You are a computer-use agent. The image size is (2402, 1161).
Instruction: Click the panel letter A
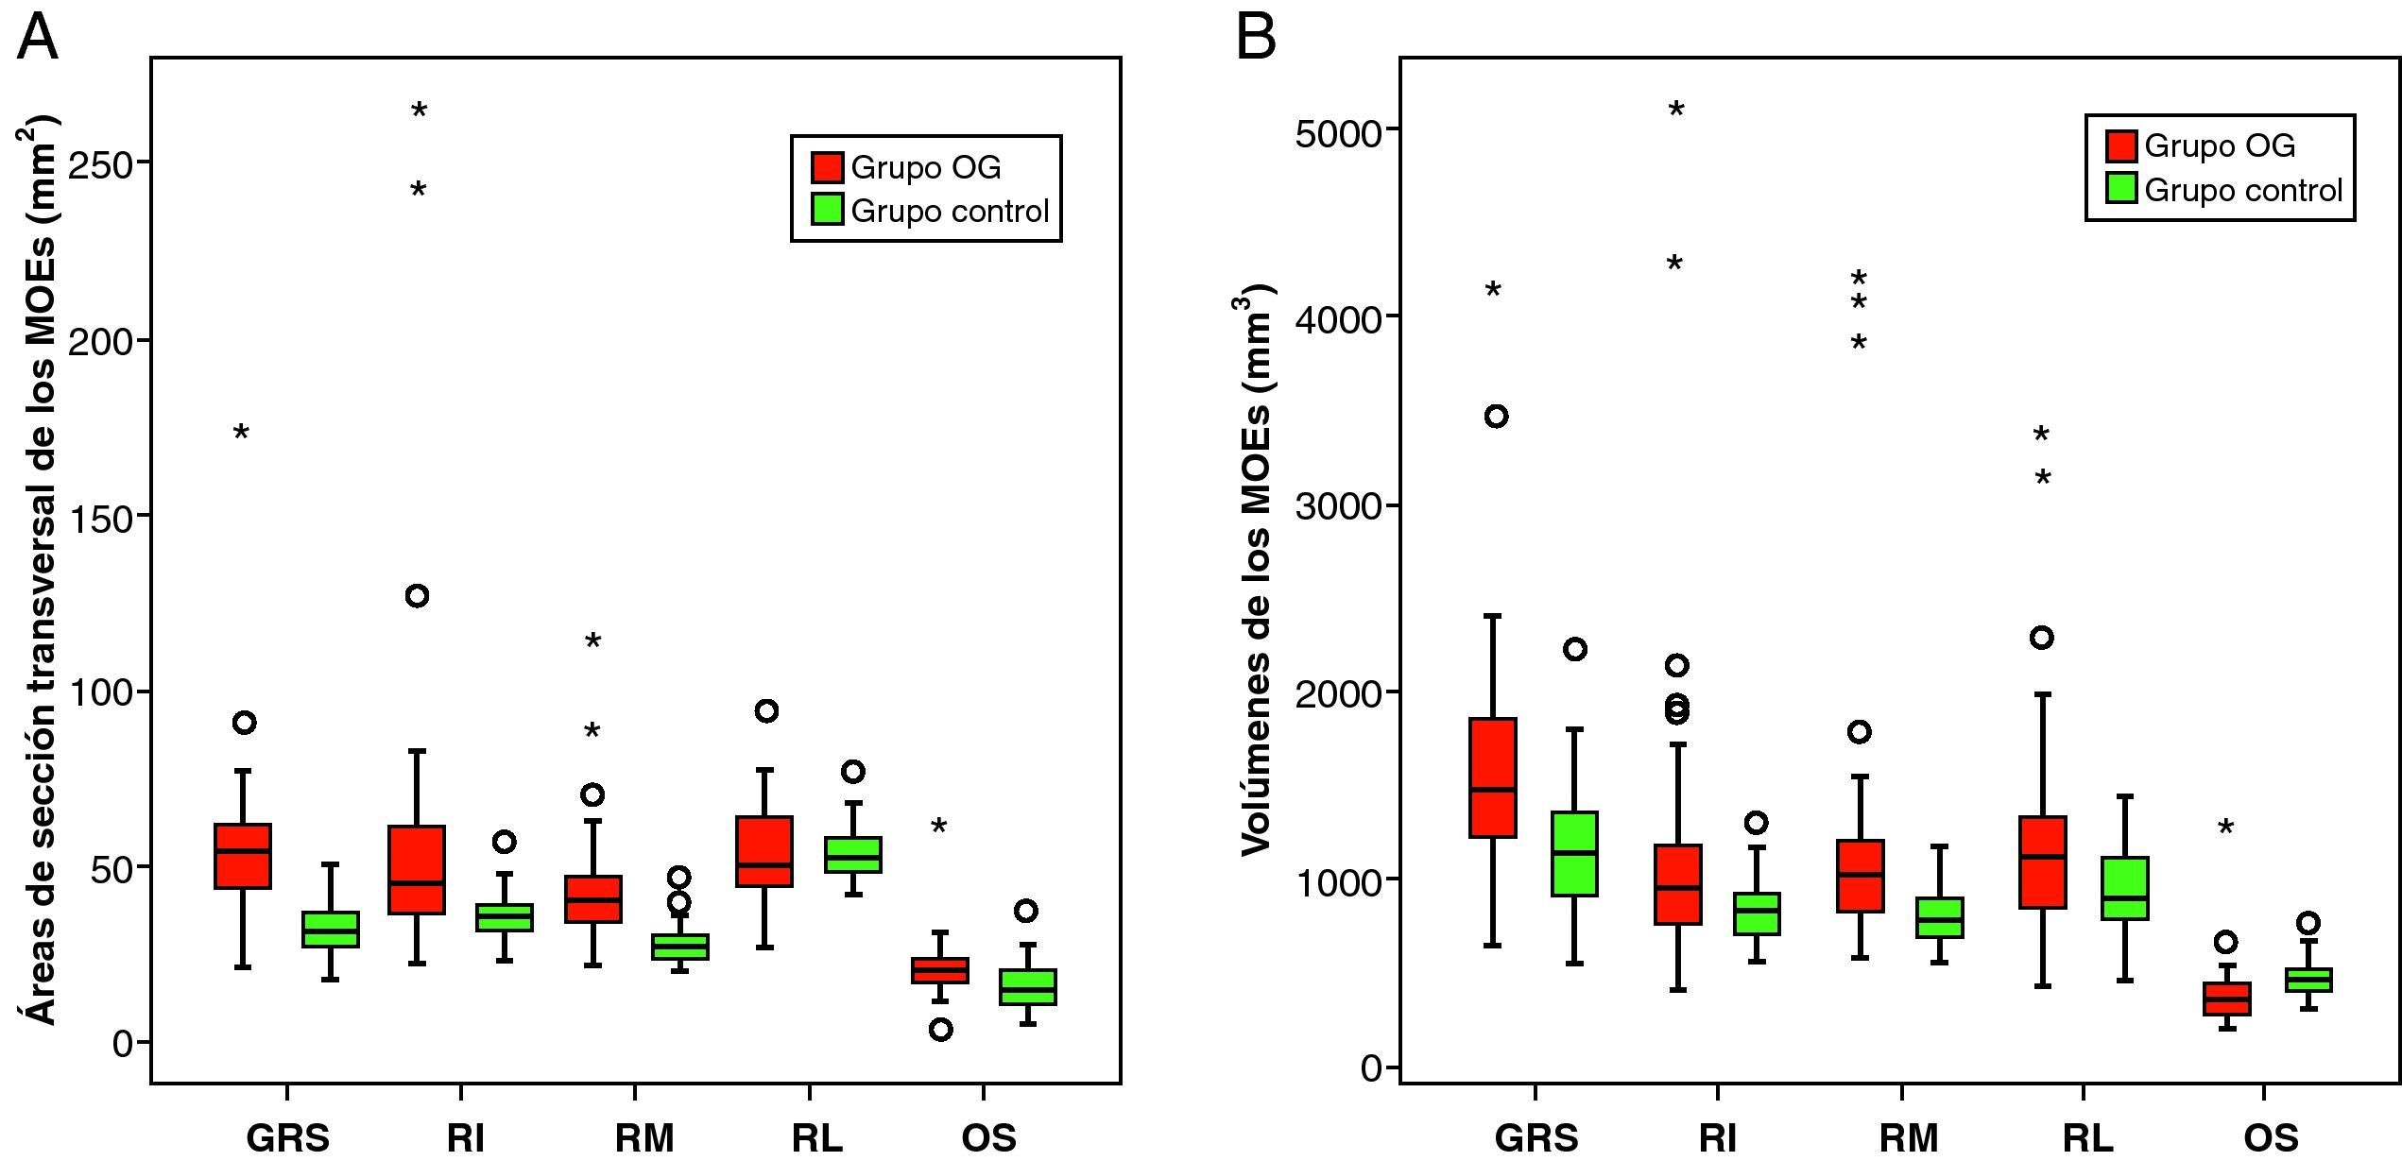click(x=37, y=38)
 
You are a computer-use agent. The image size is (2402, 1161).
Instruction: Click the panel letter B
click(x=1256, y=38)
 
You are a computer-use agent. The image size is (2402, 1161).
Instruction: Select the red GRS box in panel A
click(x=243, y=856)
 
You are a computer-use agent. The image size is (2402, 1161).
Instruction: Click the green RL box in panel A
click(x=853, y=855)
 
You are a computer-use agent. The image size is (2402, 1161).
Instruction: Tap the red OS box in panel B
click(x=2226, y=999)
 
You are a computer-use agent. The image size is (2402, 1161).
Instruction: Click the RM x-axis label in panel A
click(x=644, y=1138)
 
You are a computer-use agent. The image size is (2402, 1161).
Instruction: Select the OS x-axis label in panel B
click(x=2271, y=1138)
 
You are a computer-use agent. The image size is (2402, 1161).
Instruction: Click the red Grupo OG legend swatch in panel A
click(x=827, y=167)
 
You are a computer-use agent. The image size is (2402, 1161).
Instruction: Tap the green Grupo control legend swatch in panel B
click(x=2121, y=190)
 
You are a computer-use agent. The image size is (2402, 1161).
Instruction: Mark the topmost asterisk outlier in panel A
click(x=420, y=112)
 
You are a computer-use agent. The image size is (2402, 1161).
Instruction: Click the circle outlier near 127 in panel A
click(x=417, y=596)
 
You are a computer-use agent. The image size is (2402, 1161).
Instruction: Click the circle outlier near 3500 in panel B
click(x=1496, y=417)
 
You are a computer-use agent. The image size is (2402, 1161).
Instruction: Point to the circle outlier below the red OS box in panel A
click(x=940, y=1030)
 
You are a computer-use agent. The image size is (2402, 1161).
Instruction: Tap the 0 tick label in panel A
click(x=123, y=1044)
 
